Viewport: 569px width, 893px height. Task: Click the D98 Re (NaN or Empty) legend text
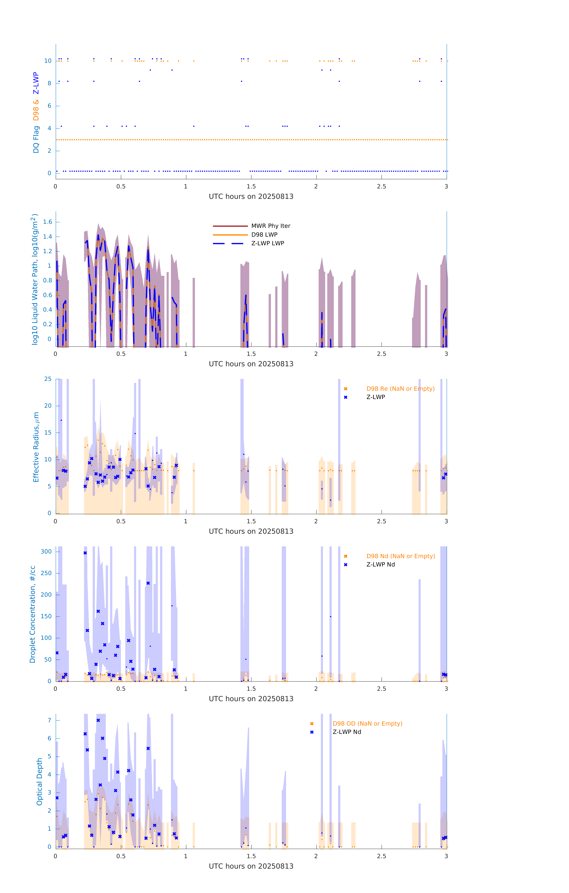point(400,389)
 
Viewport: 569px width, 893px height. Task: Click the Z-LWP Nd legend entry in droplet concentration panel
point(380,564)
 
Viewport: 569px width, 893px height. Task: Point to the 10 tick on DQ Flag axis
point(48,61)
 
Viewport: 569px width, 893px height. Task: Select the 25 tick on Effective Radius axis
point(48,379)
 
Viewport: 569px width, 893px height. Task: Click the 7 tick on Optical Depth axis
point(49,720)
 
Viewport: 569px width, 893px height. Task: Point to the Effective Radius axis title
point(36,447)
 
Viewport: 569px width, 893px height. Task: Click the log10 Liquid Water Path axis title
point(35,279)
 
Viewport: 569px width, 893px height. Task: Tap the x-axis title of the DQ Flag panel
point(251,197)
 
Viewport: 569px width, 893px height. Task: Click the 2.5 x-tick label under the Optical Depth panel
point(381,856)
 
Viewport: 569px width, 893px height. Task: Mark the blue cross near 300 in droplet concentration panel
point(85,553)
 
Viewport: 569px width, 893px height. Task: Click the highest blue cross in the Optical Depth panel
point(98,720)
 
